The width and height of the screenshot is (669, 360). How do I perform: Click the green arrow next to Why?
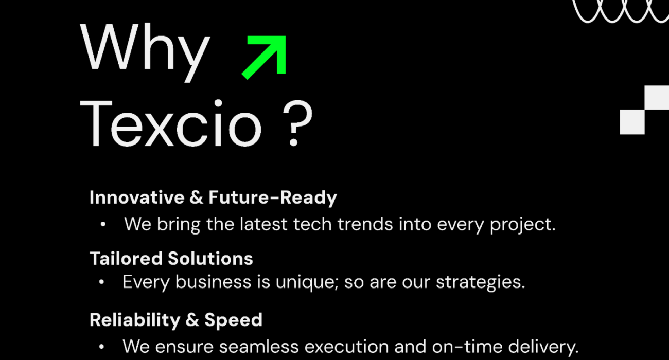tap(264, 57)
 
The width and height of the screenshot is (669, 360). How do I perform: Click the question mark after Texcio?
tap(297, 123)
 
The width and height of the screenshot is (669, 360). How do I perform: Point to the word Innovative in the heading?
tap(137, 197)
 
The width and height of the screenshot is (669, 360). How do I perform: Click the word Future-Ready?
tap(273, 197)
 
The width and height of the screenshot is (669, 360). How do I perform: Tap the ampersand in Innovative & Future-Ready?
tap(196, 197)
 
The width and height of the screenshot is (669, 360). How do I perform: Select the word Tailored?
tap(126, 259)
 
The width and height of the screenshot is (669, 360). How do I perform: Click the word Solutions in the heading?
tap(210, 259)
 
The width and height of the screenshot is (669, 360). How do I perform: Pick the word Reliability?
tap(135, 320)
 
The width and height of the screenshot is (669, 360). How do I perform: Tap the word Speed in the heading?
tap(233, 320)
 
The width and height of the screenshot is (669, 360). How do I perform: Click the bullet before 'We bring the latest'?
tap(103, 224)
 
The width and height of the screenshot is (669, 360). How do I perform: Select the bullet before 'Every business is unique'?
tap(101, 282)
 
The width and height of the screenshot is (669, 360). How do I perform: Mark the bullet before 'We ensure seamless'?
tap(101, 347)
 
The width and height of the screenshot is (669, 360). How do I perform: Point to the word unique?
tap(307, 282)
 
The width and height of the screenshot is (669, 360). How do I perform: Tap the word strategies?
tap(480, 282)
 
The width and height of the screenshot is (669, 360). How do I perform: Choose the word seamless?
tap(259, 347)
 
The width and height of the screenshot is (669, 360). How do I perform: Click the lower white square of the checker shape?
tap(632, 122)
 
